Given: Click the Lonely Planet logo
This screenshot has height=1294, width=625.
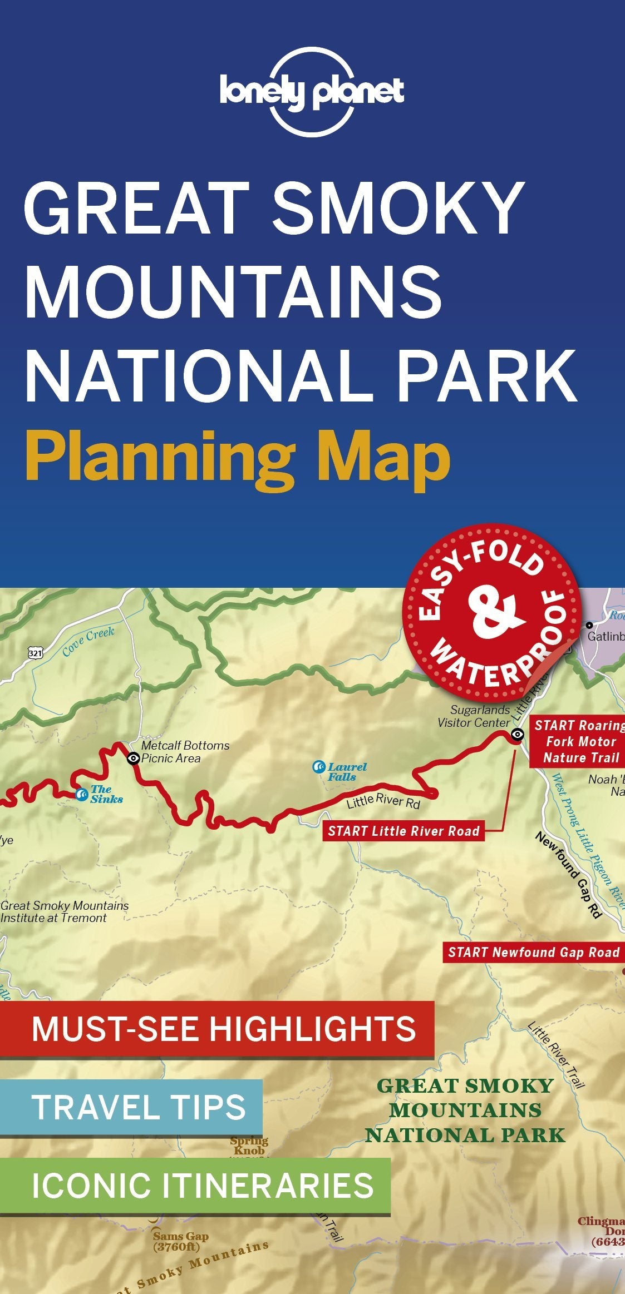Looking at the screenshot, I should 312,92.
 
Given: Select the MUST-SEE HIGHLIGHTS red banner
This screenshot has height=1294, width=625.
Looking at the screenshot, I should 217,1029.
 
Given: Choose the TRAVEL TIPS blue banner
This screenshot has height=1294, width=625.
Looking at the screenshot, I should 131,1107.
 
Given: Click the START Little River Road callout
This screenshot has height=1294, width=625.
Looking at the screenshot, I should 403,831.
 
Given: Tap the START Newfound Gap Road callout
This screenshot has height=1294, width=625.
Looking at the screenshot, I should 534,953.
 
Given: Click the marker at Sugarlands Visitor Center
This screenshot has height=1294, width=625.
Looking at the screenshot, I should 518,735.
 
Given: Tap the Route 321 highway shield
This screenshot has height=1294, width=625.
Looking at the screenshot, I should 36,653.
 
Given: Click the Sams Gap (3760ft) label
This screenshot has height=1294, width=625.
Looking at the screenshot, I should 181,1242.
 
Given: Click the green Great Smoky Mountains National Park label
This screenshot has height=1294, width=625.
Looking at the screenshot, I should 465,1110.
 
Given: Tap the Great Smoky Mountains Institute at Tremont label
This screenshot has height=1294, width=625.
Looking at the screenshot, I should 64,912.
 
